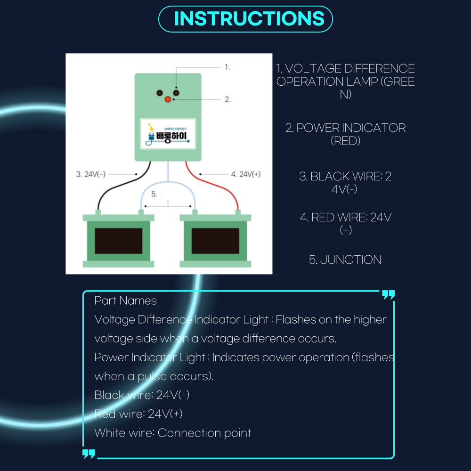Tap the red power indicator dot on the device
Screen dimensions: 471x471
click(168, 99)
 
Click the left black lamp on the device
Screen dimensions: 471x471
click(160, 93)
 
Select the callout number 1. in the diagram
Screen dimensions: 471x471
click(227, 67)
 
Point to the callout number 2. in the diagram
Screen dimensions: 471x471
click(227, 99)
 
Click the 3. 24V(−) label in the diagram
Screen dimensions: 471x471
click(91, 174)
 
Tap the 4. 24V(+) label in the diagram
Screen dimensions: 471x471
click(245, 174)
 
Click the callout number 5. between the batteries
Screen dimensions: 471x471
click(154, 194)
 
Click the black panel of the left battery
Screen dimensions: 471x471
click(119, 241)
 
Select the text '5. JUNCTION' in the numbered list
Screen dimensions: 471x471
click(345, 260)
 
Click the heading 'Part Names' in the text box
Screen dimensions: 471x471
click(125, 300)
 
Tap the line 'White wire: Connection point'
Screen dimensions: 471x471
click(172, 433)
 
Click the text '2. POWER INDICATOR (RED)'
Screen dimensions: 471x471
click(345, 134)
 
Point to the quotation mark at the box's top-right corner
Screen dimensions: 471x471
click(388, 295)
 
